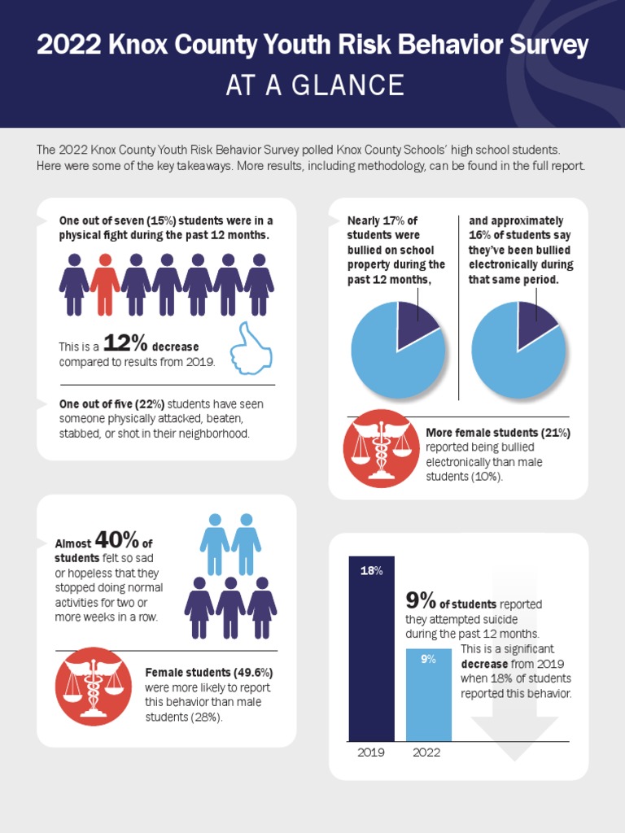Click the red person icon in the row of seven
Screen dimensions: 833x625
(105, 284)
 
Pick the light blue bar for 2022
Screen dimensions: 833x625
(428, 695)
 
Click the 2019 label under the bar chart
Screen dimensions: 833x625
(371, 752)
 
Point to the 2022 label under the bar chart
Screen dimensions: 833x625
(426, 752)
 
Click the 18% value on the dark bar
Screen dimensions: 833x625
(371, 571)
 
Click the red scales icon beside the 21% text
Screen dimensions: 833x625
(382, 448)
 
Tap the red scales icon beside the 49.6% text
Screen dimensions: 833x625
(94, 687)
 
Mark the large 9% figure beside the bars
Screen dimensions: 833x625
(421, 601)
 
